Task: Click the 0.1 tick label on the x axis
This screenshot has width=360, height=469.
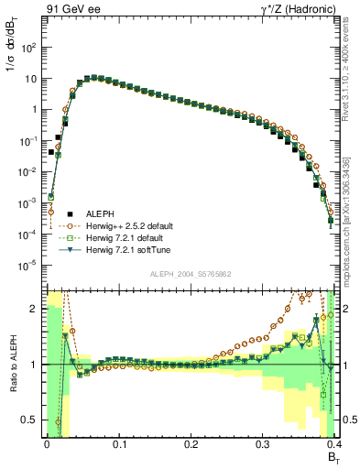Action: pyautogui.click(x=117, y=442)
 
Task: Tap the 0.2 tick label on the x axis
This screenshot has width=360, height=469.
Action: pyautogui.click(x=190, y=442)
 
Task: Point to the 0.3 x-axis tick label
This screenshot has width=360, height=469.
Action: pyautogui.click(x=262, y=442)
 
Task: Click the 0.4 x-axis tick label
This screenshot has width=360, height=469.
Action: pyautogui.click(x=333, y=442)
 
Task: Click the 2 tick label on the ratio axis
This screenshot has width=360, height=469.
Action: pyautogui.click(x=34, y=309)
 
